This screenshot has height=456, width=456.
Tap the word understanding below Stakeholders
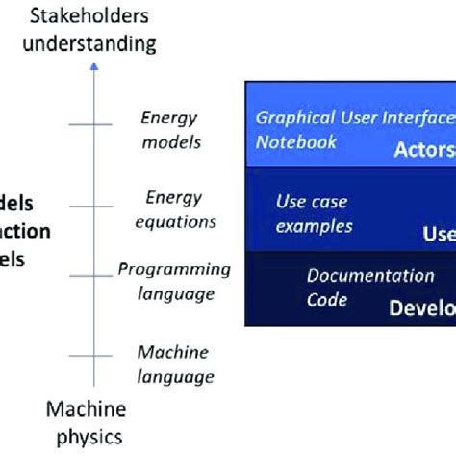92,42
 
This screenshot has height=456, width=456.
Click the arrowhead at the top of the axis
92,65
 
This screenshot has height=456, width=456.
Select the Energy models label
171,130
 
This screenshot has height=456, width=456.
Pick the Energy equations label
174,210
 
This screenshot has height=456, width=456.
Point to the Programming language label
174,282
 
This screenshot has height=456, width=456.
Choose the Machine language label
174,365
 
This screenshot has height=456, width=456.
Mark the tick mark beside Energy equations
92,207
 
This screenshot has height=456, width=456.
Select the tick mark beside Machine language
92,357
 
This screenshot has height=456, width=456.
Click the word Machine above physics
86,411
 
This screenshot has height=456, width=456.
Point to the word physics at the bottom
86,437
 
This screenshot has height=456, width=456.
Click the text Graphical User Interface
354,118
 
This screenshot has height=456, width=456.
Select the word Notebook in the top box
296,142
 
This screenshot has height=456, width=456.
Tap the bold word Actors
423,150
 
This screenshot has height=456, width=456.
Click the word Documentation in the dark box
370,276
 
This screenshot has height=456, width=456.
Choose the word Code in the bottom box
327,300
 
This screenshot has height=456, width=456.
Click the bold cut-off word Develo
421,309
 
